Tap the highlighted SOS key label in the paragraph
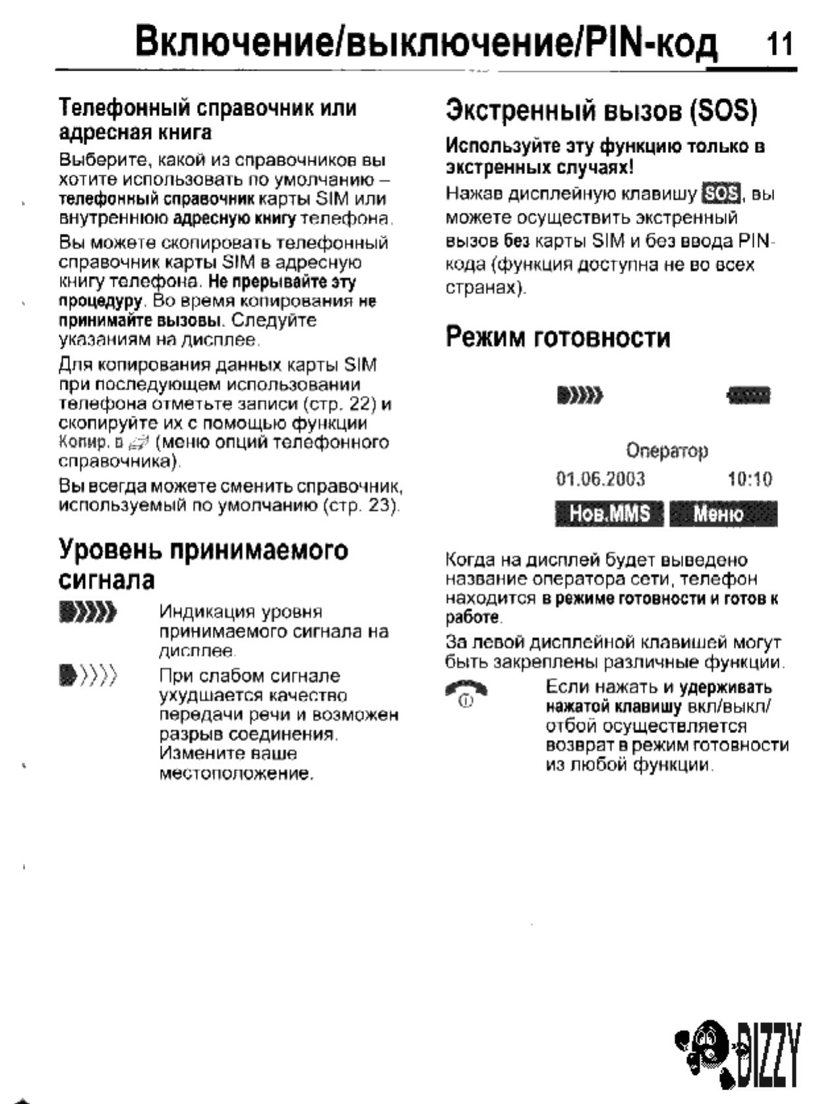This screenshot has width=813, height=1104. [721, 194]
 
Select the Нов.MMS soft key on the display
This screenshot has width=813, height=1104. [609, 514]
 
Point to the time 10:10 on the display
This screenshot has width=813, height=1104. [749, 479]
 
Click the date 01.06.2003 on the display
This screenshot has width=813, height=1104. [600, 479]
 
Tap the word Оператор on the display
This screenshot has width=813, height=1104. [666, 451]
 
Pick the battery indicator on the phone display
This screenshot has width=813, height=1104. [748, 396]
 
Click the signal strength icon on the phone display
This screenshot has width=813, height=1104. [580, 396]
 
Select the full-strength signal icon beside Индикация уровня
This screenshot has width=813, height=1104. [88, 613]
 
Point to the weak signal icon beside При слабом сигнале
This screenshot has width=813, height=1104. [88, 676]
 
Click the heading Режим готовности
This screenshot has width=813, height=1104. [557, 338]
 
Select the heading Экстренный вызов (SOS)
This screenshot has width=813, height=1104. [600, 110]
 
